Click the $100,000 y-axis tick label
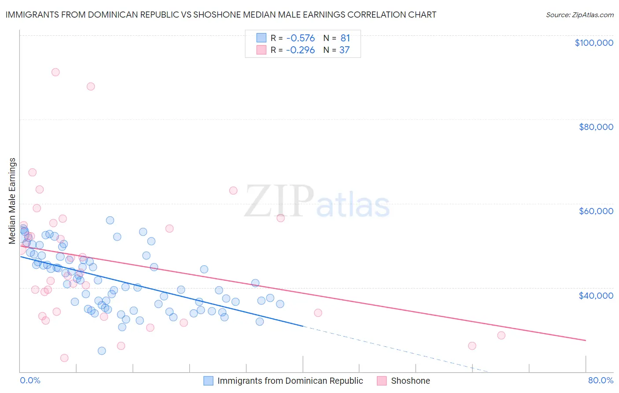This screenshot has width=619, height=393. [x=594, y=43]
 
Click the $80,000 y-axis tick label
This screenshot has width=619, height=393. [x=596, y=127]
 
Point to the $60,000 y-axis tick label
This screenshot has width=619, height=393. [x=596, y=211]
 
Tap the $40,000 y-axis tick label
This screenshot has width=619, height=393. [x=596, y=295]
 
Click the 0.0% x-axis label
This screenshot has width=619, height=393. [x=30, y=381]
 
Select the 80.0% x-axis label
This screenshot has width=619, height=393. [x=601, y=381]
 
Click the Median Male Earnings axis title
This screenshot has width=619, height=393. [x=12, y=201]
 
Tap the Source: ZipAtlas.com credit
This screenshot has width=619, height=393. [x=579, y=15]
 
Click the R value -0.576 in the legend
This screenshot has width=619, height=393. [x=300, y=38]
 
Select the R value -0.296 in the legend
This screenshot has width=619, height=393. [x=300, y=50]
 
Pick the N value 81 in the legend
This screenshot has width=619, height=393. [x=345, y=38]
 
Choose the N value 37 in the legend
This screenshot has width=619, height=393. [x=344, y=50]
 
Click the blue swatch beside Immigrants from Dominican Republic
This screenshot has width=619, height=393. [x=208, y=381]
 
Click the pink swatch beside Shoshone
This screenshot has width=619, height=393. [x=382, y=381]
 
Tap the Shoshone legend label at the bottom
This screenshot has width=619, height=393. [x=410, y=381]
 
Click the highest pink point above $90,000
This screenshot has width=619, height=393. [x=55, y=72]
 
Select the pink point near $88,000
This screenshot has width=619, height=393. [x=91, y=86]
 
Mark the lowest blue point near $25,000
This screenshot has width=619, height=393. [x=102, y=351]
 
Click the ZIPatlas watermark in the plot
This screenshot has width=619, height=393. [x=317, y=202]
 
